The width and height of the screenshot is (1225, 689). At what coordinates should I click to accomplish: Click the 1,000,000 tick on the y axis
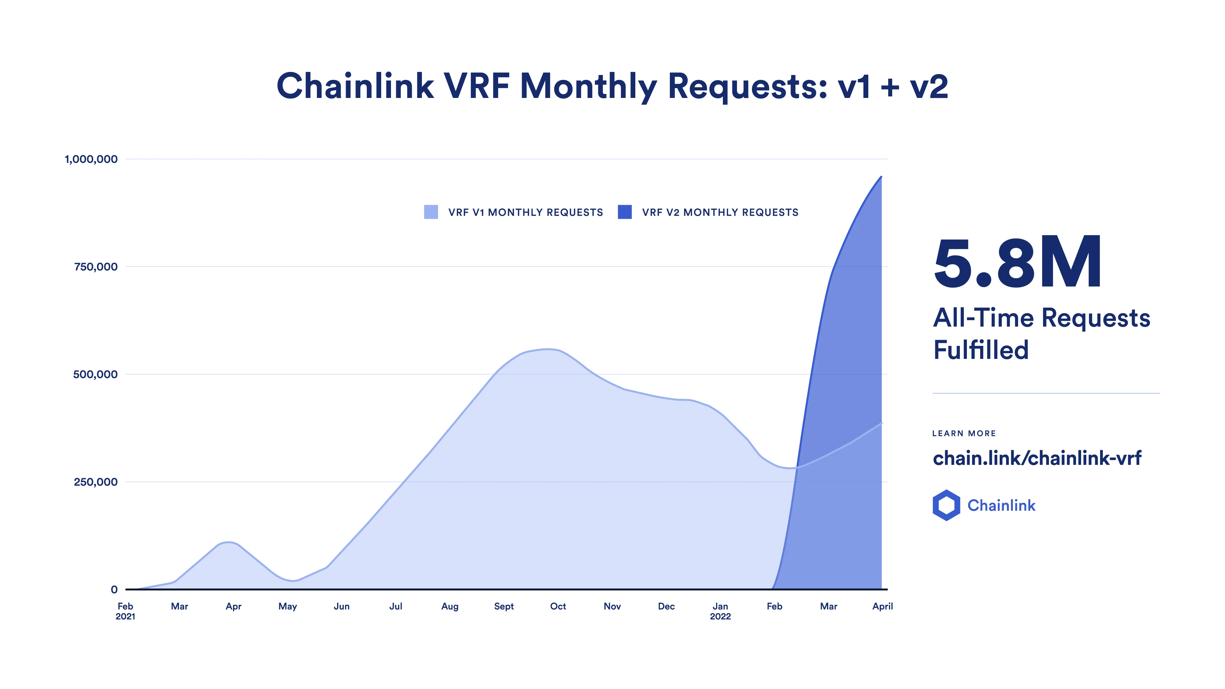[x=91, y=159]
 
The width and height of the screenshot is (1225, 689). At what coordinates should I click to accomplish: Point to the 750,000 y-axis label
[x=96, y=267]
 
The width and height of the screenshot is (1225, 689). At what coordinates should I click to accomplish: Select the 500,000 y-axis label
[x=95, y=374]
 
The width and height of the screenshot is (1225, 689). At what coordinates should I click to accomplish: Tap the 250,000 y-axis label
[x=96, y=482]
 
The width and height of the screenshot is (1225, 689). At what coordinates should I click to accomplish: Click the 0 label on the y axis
[x=114, y=590]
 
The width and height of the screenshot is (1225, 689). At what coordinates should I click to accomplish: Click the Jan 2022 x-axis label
[x=720, y=611]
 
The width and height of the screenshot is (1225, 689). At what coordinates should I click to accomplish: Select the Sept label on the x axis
[x=504, y=606]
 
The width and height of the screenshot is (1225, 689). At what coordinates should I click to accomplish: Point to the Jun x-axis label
[x=341, y=606]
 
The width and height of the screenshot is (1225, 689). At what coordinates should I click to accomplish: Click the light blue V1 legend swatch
[x=431, y=212]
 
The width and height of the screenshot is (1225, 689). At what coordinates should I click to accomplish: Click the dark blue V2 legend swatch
[x=624, y=212]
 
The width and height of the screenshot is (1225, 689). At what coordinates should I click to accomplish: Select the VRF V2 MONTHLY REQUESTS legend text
[x=720, y=212]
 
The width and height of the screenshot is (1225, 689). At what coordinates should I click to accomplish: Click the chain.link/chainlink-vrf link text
[x=1037, y=458]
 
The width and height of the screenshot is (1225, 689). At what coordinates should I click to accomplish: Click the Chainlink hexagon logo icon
[x=946, y=505]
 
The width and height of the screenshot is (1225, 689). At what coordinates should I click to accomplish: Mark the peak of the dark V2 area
[x=881, y=177]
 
